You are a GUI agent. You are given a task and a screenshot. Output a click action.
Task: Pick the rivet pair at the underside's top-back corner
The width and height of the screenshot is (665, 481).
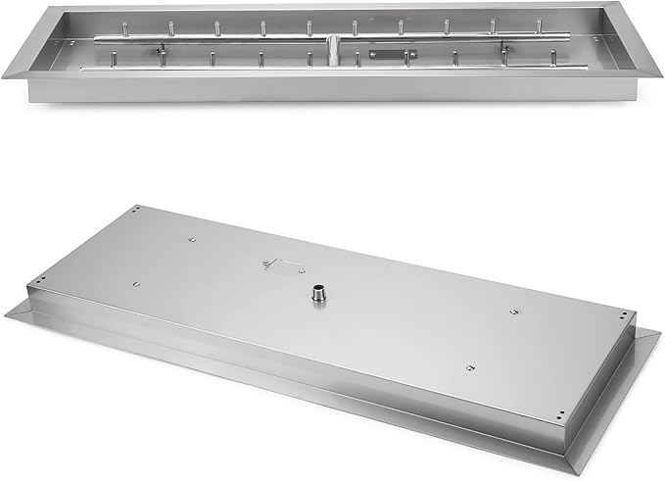[x=138, y=208]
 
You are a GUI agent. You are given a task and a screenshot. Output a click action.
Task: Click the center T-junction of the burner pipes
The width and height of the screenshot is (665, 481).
[x=333, y=44]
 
